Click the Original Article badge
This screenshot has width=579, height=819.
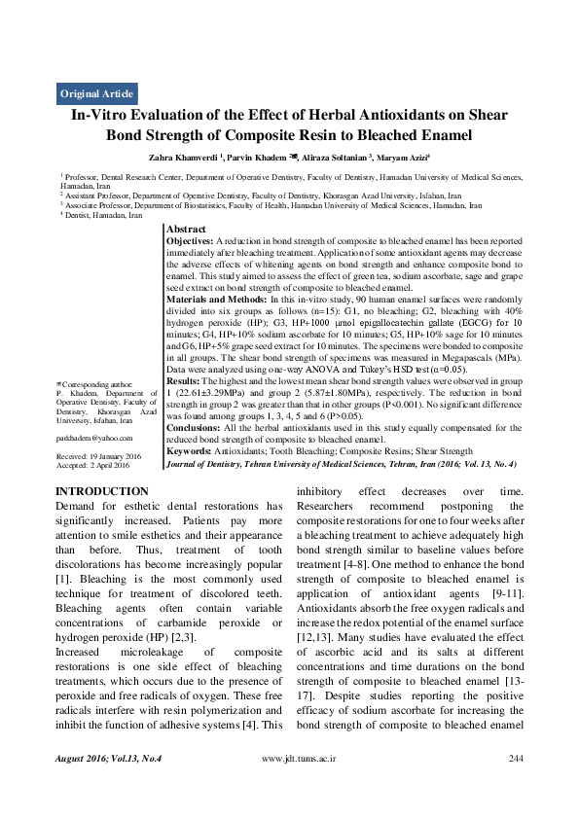click(97, 94)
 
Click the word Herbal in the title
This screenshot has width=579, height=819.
click(324, 115)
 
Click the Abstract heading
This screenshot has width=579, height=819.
click(186, 229)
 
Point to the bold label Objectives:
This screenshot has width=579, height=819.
click(190, 239)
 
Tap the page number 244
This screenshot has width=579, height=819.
click(517, 784)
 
